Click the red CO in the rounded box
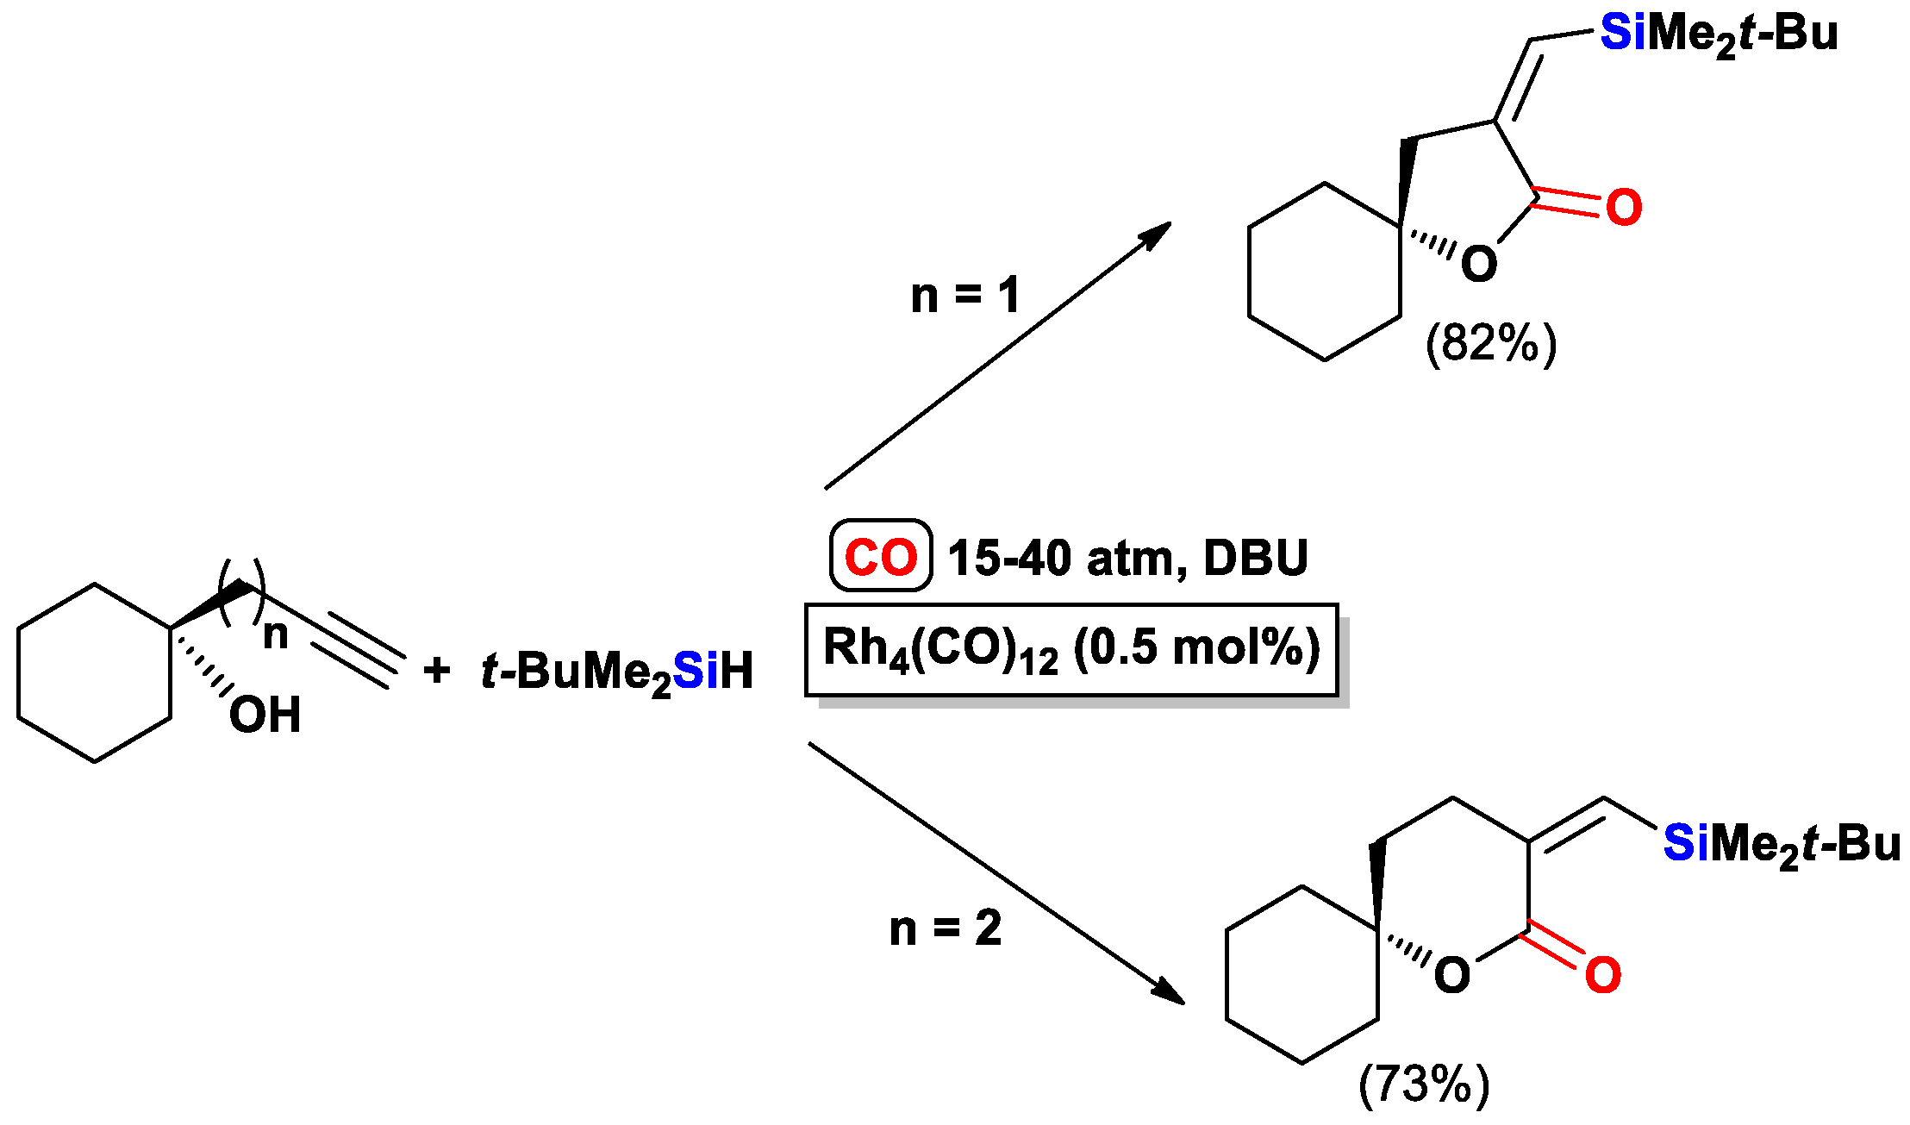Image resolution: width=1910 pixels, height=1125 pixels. (880, 557)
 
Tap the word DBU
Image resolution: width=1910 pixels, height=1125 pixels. (1255, 558)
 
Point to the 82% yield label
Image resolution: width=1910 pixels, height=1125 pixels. (1491, 343)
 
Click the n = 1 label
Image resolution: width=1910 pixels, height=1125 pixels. (965, 296)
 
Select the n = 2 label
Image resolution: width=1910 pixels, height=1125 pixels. (946, 928)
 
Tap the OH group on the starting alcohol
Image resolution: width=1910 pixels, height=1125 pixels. (265, 716)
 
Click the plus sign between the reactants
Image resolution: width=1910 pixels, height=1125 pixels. (437, 670)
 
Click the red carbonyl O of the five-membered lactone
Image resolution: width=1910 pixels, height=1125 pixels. (1624, 208)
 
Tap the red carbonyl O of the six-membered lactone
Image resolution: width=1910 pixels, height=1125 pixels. (1603, 975)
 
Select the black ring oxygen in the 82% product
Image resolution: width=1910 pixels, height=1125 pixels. (1479, 265)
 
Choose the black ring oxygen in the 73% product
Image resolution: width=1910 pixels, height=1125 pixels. (1452, 976)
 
